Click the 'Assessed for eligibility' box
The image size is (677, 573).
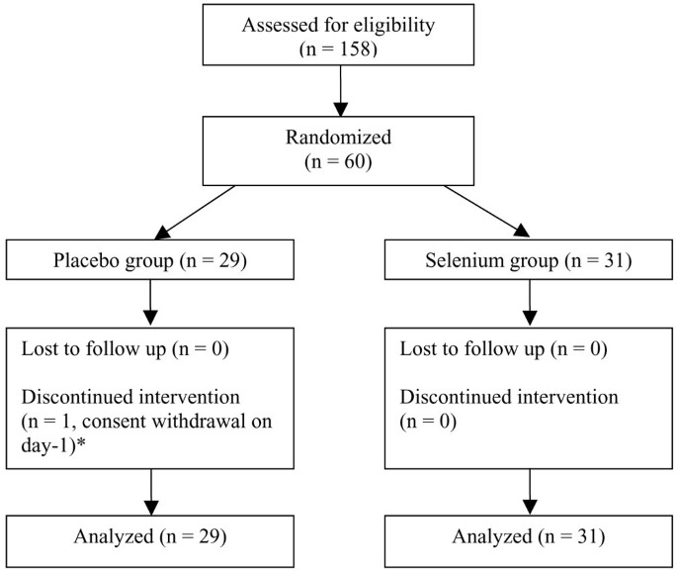[x=339, y=36]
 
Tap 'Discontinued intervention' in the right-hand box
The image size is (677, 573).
[x=509, y=398]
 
